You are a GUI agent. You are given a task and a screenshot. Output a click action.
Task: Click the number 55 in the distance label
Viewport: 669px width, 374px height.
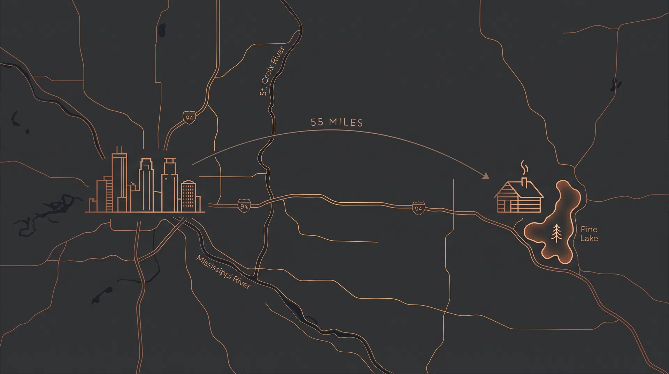point(317,122)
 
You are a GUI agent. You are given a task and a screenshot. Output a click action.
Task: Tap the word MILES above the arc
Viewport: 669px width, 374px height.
point(346,122)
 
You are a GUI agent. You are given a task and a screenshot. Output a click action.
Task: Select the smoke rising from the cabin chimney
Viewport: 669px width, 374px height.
point(524,167)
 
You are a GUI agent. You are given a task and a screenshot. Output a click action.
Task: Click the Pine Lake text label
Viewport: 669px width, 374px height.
point(589,234)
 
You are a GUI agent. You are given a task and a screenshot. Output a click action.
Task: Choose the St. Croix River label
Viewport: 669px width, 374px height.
point(272,71)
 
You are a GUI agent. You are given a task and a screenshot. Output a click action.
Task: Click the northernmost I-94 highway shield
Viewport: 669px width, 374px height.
point(189,118)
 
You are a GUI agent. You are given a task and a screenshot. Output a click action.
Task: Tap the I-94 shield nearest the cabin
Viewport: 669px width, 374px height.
point(418,208)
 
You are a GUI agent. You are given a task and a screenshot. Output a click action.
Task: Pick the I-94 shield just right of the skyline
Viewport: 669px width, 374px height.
point(244,206)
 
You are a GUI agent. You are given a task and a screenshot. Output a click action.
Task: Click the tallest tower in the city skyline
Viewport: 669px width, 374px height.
point(119,180)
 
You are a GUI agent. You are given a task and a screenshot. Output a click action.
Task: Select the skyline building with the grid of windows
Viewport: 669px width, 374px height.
point(189,195)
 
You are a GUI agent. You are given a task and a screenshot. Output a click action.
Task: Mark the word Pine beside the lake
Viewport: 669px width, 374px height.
point(589,229)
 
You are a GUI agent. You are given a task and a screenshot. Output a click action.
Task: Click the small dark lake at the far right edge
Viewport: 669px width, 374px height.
point(616,84)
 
